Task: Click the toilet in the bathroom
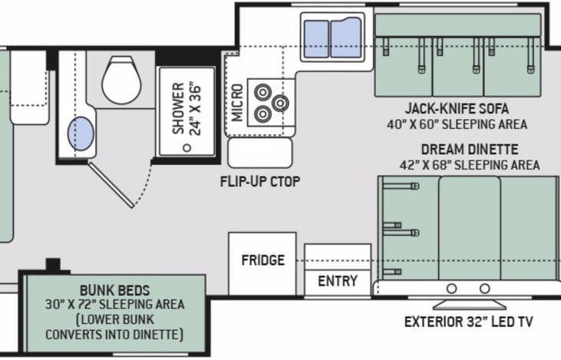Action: point(121,79)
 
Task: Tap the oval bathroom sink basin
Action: point(81,133)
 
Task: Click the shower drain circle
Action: point(186,147)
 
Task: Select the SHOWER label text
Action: point(178,108)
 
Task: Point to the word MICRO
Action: point(237,103)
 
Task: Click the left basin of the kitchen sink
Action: point(316,38)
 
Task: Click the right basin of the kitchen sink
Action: point(345,38)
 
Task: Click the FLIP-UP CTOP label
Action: point(260,181)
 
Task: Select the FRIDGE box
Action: point(262,264)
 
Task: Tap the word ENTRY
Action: point(338,281)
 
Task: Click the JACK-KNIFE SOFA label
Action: point(457,108)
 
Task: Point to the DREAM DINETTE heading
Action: point(470,149)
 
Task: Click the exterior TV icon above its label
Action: point(470,305)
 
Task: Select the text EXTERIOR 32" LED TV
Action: point(469,322)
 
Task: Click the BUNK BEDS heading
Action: point(115,290)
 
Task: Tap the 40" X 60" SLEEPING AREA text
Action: point(457,124)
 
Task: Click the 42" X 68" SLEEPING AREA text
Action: point(470,165)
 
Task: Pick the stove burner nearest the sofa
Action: point(280,103)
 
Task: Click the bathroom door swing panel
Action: point(111,185)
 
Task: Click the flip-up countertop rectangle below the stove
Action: point(260,153)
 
